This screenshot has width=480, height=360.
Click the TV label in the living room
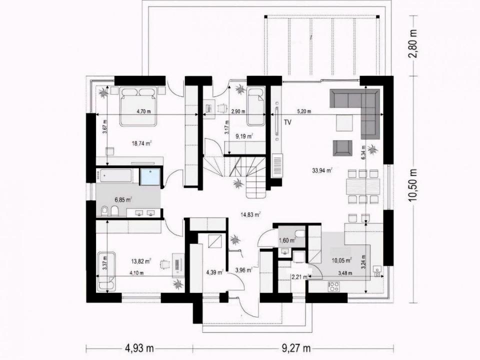(287, 123)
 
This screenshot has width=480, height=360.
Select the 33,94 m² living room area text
(322, 170)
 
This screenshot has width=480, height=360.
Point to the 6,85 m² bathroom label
(123, 200)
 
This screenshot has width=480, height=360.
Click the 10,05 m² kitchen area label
(342, 260)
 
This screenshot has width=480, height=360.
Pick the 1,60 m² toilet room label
(287, 240)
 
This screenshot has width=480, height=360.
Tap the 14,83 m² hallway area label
(250, 214)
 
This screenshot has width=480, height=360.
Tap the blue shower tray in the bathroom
(150, 176)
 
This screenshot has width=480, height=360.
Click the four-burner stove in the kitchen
(333, 286)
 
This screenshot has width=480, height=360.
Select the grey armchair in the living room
(342, 147)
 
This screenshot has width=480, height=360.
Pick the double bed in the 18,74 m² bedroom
(138, 106)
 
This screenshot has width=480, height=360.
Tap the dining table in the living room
(363, 186)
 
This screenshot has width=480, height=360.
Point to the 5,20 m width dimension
(304, 111)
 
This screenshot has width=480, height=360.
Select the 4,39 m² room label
(215, 272)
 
